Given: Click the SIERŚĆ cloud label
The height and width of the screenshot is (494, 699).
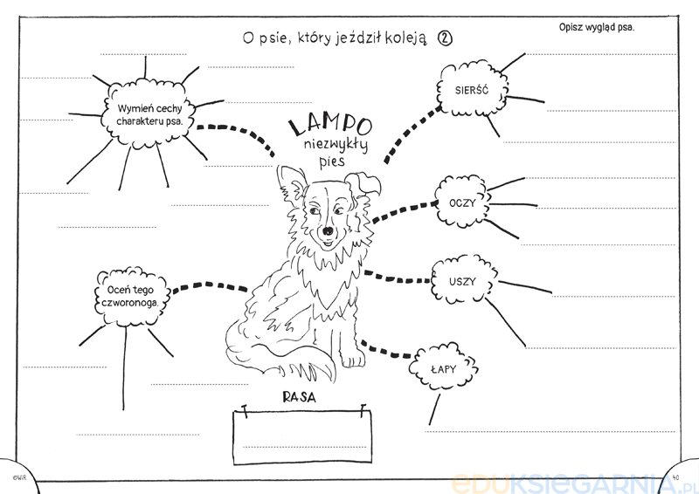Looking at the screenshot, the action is pos(472,90).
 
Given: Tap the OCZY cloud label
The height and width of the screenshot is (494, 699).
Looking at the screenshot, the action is pos(462,203).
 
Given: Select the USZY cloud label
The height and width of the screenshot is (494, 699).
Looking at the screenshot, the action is pos(463,282).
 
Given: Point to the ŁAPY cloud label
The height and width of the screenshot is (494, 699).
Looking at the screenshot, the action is pos(443,369).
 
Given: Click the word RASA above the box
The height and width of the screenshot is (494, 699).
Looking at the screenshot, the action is pos(299,397).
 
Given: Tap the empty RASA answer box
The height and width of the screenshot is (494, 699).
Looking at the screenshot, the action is pos(302,436).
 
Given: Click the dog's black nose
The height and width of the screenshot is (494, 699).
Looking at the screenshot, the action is pos(328,230).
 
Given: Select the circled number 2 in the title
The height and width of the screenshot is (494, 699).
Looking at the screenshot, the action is pos(445,38).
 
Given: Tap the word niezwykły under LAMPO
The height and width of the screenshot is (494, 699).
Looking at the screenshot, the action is pos(336,145).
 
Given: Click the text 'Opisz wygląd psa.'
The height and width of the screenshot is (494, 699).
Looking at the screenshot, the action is pos(597,27).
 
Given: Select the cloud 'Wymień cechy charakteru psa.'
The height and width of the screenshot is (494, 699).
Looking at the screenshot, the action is pos(149,114).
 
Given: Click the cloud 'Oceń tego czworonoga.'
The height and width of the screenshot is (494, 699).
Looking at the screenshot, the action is pos(130,296).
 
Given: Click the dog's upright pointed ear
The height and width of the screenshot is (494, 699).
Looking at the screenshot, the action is pos(291,182).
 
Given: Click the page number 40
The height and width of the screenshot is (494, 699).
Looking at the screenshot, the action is pos(675,477).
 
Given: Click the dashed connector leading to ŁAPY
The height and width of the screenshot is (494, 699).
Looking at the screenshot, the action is pos(385,349).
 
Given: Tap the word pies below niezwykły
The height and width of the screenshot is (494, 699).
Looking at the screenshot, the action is pos(332,161).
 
